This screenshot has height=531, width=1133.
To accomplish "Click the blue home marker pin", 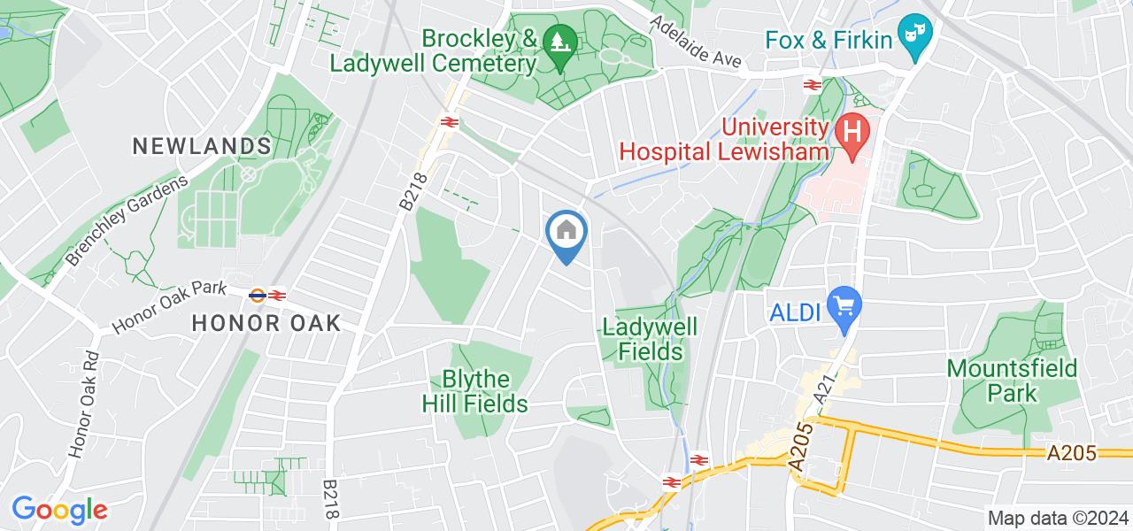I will click(565, 235).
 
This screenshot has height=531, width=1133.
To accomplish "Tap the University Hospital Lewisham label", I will click(725, 139).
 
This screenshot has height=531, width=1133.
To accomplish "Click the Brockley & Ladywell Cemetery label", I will click(435, 51).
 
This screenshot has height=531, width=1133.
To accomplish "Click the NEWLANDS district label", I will click(202, 146).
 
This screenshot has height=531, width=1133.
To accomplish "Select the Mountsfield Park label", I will click(1012, 380).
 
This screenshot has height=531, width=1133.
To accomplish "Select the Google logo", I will click(59, 509).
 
